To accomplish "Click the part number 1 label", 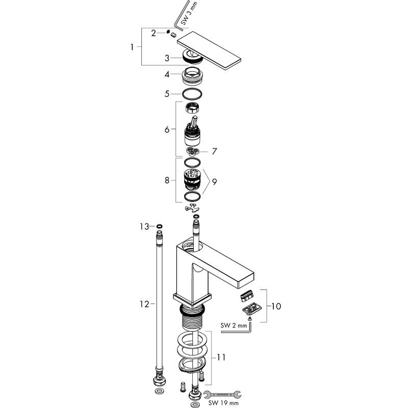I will pos(133,47).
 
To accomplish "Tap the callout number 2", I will pos(153,33).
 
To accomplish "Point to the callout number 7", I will pos(215,151).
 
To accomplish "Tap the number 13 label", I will pos(144,226).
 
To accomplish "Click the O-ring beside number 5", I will pos(192,94).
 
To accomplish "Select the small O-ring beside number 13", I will pos(160,226).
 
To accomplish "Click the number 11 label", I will pos(220,358).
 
